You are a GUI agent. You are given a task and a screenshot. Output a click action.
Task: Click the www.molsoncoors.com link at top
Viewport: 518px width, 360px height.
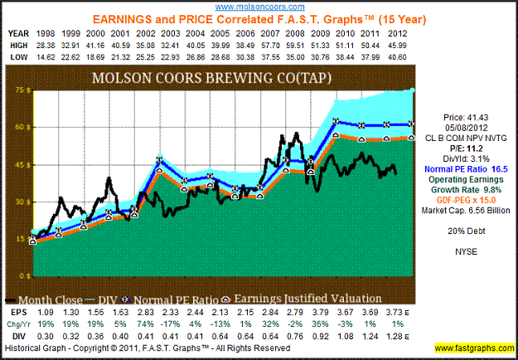coord(259,6)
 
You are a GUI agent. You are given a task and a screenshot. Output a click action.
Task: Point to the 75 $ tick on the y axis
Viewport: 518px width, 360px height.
coord(16,89)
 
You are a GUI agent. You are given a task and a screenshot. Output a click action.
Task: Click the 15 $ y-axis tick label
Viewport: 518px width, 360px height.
coord(16,239)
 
